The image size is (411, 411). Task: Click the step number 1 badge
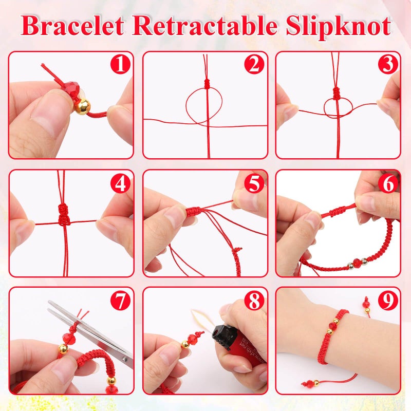coord(121,65)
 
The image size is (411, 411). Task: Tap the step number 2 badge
coord(254,65)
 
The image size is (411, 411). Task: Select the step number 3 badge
coord(388,65)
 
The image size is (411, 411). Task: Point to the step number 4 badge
coord(121,183)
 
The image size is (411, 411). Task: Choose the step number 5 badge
coord(254,183)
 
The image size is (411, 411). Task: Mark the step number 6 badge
coord(388,183)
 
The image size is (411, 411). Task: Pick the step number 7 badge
coord(121,301)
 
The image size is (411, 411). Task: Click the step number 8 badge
coord(254,301)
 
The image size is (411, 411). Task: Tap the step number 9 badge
coord(388,301)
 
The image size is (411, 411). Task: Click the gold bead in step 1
coord(82,106)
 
